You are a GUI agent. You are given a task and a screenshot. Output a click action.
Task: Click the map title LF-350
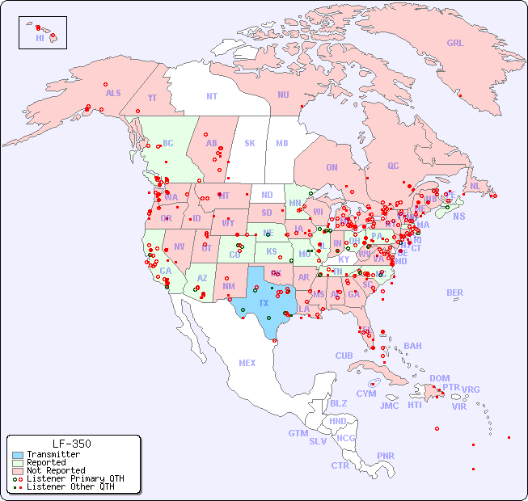point(72,444)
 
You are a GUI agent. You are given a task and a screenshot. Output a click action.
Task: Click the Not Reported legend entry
point(55,470)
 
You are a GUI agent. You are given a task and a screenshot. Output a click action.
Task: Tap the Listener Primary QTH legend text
point(74,478)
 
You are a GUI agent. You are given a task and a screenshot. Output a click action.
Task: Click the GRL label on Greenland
point(455,44)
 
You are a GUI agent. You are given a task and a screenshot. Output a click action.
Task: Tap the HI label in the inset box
point(40,38)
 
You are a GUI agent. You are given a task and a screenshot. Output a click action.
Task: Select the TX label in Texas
point(264,303)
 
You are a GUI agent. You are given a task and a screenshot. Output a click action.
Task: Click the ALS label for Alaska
point(113,93)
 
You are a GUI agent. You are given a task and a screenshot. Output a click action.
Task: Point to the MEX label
point(247,363)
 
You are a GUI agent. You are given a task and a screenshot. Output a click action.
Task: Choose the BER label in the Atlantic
point(455,293)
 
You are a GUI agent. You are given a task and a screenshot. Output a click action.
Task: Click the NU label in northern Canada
point(283,95)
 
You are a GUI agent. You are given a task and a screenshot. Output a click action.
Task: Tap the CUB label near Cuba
point(344,356)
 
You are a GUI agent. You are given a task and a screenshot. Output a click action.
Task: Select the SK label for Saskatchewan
point(250,143)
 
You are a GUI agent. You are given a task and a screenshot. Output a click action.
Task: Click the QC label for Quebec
point(393,166)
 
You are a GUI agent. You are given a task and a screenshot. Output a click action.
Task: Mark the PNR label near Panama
point(386,456)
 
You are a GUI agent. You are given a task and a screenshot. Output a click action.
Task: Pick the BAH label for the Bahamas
point(412,346)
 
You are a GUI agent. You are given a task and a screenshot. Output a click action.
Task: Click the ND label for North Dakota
point(267,195)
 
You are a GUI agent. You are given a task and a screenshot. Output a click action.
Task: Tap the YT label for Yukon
point(152,98)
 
